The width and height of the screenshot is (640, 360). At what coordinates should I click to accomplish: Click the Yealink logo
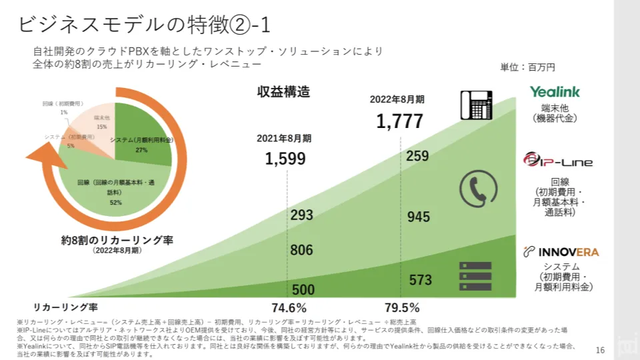tap(555, 92)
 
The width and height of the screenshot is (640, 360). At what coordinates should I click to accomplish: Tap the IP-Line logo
tap(557, 161)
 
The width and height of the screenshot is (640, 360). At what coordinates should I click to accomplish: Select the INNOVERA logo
tap(561, 252)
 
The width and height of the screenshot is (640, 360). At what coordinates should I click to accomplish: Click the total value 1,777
tap(399, 121)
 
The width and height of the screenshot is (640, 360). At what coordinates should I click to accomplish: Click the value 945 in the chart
tap(418, 217)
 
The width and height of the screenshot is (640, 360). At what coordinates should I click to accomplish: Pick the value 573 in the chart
tap(421, 280)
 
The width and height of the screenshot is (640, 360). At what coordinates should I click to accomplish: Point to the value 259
tap(417, 156)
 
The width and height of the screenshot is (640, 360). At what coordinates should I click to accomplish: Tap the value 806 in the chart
tap(302, 250)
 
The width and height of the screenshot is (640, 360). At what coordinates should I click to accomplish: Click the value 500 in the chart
tap(303, 290)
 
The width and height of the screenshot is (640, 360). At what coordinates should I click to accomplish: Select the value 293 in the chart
tap(302, 215)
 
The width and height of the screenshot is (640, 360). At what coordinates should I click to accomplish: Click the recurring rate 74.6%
tap(289, 308)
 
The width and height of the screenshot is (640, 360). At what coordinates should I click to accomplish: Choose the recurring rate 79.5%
tap(402, 308)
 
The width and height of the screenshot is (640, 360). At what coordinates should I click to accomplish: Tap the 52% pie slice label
tap(116, 202)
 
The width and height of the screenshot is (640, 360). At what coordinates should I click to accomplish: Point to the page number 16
tap(599, 350)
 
